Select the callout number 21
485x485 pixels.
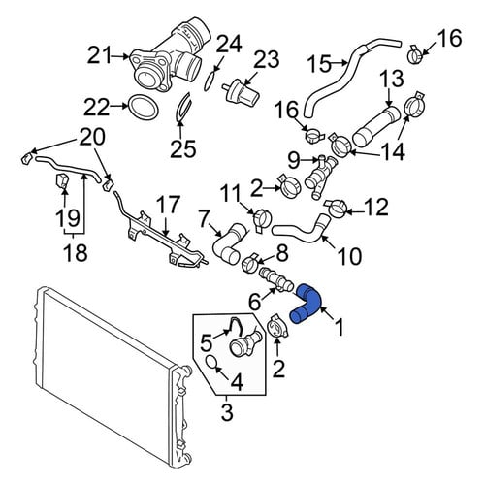tap(100, 55)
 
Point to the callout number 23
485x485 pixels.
tap(266, 59)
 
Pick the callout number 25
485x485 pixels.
tap(183, 148)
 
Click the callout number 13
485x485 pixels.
tap(392, 79)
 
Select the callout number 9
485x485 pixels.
tap(294, 160)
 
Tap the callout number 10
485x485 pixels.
tap(349, 256)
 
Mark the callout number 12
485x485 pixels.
tap(376, 207)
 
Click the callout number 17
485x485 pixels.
tap(168, 205)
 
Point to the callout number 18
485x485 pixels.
tap(76, 252)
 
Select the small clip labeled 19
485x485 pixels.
tap(62, 181)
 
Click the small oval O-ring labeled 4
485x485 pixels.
tap(211, 362)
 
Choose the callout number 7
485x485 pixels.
tap(207, 219)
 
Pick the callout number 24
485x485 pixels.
tap(229, 44)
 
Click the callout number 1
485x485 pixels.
tap(339, 327)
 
